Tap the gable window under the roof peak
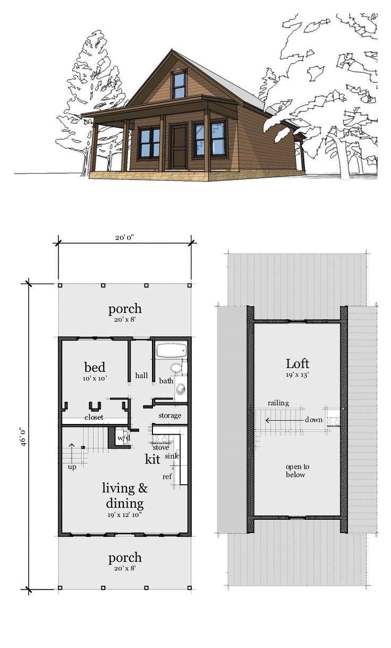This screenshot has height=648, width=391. pyautogui.click(x=179, y=84)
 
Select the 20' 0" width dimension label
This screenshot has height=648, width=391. pyautogui.click(x=125, y=237)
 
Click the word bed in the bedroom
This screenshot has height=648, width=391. pyautogui.click(x=95, y=367)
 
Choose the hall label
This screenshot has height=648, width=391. pyautogui.click(x=141, y=376)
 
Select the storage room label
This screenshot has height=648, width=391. pyautogui.click(x=170, y=415)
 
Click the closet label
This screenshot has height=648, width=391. pyautogui.click(x=94, y=418)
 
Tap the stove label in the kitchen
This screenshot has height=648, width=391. pyautogui.click(x=161, y=447)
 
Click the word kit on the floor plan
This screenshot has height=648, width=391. pyautogui.click(x=154, y=459)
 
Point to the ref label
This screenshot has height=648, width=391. pyautogui.click(x=167, y=477)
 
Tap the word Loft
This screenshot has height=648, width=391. pyautogui.click(x=297, y=364)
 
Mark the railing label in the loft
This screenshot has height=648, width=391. pyautogui.click(x=278, y=403)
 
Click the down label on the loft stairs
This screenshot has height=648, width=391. pyautogui.click(x=313, y=420)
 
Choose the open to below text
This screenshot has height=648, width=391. pyautogui.click(x=297, y=471)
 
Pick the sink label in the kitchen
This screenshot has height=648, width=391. pyautogui.click(x=171, y=456)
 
